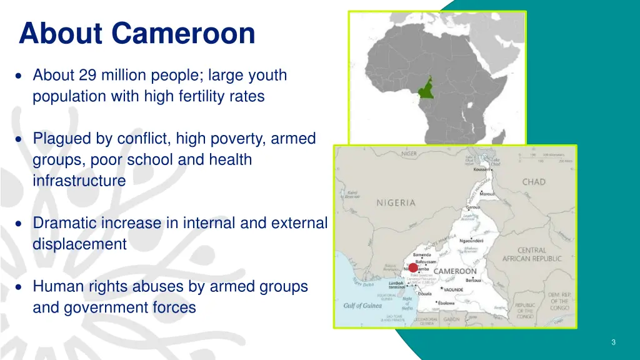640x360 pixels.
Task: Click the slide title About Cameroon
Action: pos(137,33)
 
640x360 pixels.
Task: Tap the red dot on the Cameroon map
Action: pos(413,267)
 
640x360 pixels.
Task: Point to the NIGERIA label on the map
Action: pos(396,202)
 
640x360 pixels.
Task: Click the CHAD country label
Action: pos(534,182)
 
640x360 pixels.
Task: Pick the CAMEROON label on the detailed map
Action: pos(455,271)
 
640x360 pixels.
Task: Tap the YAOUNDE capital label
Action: pos(462,289)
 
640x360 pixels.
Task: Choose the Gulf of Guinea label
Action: pos(362,306)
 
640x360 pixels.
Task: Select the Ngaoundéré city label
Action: pos(474,241)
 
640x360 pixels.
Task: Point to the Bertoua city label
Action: pos(474,280)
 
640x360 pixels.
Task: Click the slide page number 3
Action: pos(614,342)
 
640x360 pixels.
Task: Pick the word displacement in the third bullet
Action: pos(79,244)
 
